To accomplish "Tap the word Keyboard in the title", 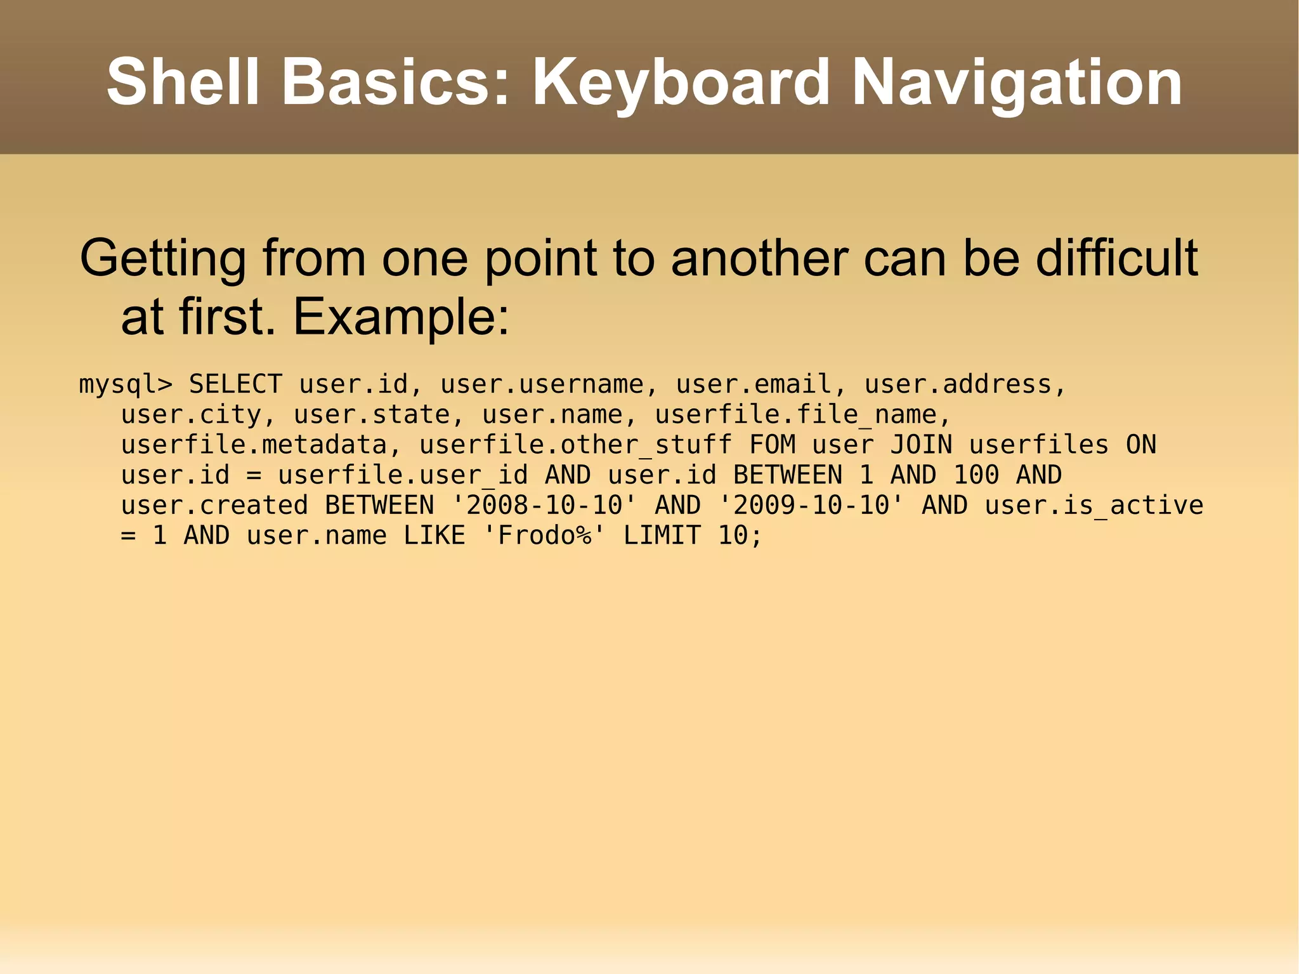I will click(x=681, y=82).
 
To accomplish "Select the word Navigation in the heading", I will click(x=1017, y=82).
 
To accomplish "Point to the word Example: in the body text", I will click(x=401, y=317).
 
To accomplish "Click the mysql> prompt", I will click(x=125, y=385).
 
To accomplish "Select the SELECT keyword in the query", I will click(x=235, y=384).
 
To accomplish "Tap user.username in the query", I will click(x=542, y=384).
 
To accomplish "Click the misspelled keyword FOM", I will click(x=772, y=444).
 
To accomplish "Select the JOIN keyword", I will click(x=920, y=444).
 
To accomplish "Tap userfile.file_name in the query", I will click(x=795, y=414).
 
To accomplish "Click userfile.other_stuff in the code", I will click(x=575, y=444).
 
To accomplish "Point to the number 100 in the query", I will click(x=976, y=475).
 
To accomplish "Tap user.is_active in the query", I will click(x=1093, y=505).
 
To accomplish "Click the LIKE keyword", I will click(x=434, y=535).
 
